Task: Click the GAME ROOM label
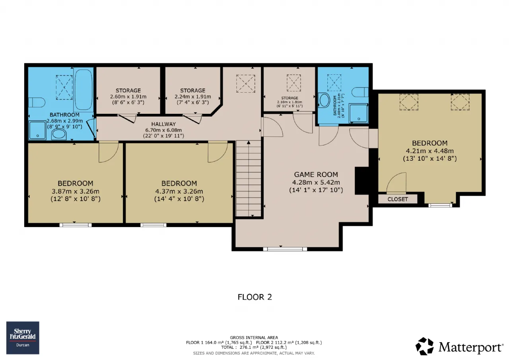click(316, 175)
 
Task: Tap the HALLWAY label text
click(163, 124)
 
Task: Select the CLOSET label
click(398, 199)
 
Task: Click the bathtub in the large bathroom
click(84, 90)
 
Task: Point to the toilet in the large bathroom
click(37, 102)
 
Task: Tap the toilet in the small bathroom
click(360, 92)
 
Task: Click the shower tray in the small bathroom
click(358, 113)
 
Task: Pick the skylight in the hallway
click(245, 84)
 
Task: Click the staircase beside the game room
click(249, 179)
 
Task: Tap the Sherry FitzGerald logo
click(23, 338)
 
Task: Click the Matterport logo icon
click(424, 346)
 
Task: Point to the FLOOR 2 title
click(255, 297)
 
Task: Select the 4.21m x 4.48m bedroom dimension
click(430, 151)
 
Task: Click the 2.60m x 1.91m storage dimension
click(128, 96)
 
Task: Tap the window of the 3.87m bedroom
click(76, 225)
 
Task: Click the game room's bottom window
click(285, 249)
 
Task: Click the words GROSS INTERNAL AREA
click(254, 337)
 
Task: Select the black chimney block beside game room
click(362, 181)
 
